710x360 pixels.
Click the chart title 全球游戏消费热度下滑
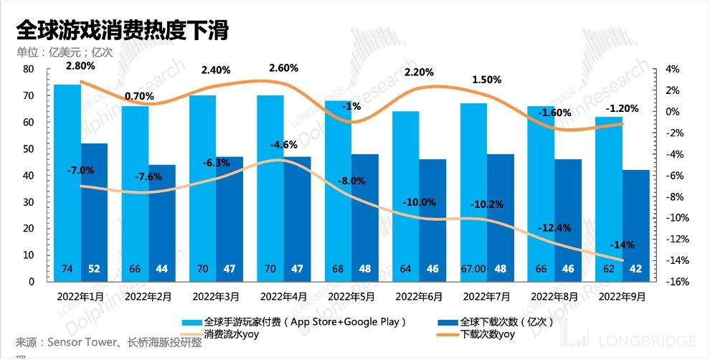[121, 31]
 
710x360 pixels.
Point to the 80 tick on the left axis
[29, 69]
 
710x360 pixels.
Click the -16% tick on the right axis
[678, 282]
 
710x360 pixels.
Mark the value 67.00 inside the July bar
[473, 269]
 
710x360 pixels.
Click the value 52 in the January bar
[94, 269]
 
